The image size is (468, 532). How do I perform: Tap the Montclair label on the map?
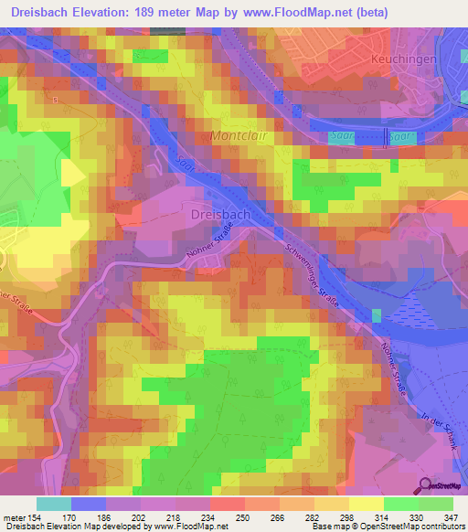[240, 136]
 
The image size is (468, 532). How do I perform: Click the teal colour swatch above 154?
[54, 504]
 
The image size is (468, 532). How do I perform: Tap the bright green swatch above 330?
[401, 504]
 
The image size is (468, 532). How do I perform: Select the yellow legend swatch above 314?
[367, 504]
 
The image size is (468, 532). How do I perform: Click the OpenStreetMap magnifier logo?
[426, 485]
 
